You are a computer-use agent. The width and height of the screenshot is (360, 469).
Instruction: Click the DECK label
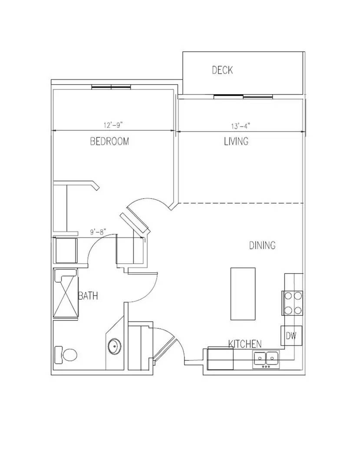(x=222, y=70)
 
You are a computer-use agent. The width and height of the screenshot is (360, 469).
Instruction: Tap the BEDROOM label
(x=109, y=141)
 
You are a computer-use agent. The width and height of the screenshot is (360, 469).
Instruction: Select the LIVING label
(x=236, y=141)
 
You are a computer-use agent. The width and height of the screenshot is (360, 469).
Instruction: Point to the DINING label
(x=262, y=245)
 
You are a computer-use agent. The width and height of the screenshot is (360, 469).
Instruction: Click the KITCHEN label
(x=245, y=344)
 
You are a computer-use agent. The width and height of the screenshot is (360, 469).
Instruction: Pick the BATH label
(x=88, y=296)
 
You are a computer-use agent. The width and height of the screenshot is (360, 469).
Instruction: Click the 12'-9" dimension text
(x=113, y=125)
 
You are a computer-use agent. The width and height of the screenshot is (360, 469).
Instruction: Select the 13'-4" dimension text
(x=240, y=126)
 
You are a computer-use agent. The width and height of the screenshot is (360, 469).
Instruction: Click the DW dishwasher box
(x=291, y=336)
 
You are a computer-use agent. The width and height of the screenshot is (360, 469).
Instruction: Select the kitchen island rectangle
(x=243, y=293)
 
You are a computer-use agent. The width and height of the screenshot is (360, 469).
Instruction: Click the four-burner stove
(x=293, y=303)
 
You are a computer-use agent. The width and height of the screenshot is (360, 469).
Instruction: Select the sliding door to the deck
(x=243, y=96)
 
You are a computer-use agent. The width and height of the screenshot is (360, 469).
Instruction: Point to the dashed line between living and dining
(x=241, y=203)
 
